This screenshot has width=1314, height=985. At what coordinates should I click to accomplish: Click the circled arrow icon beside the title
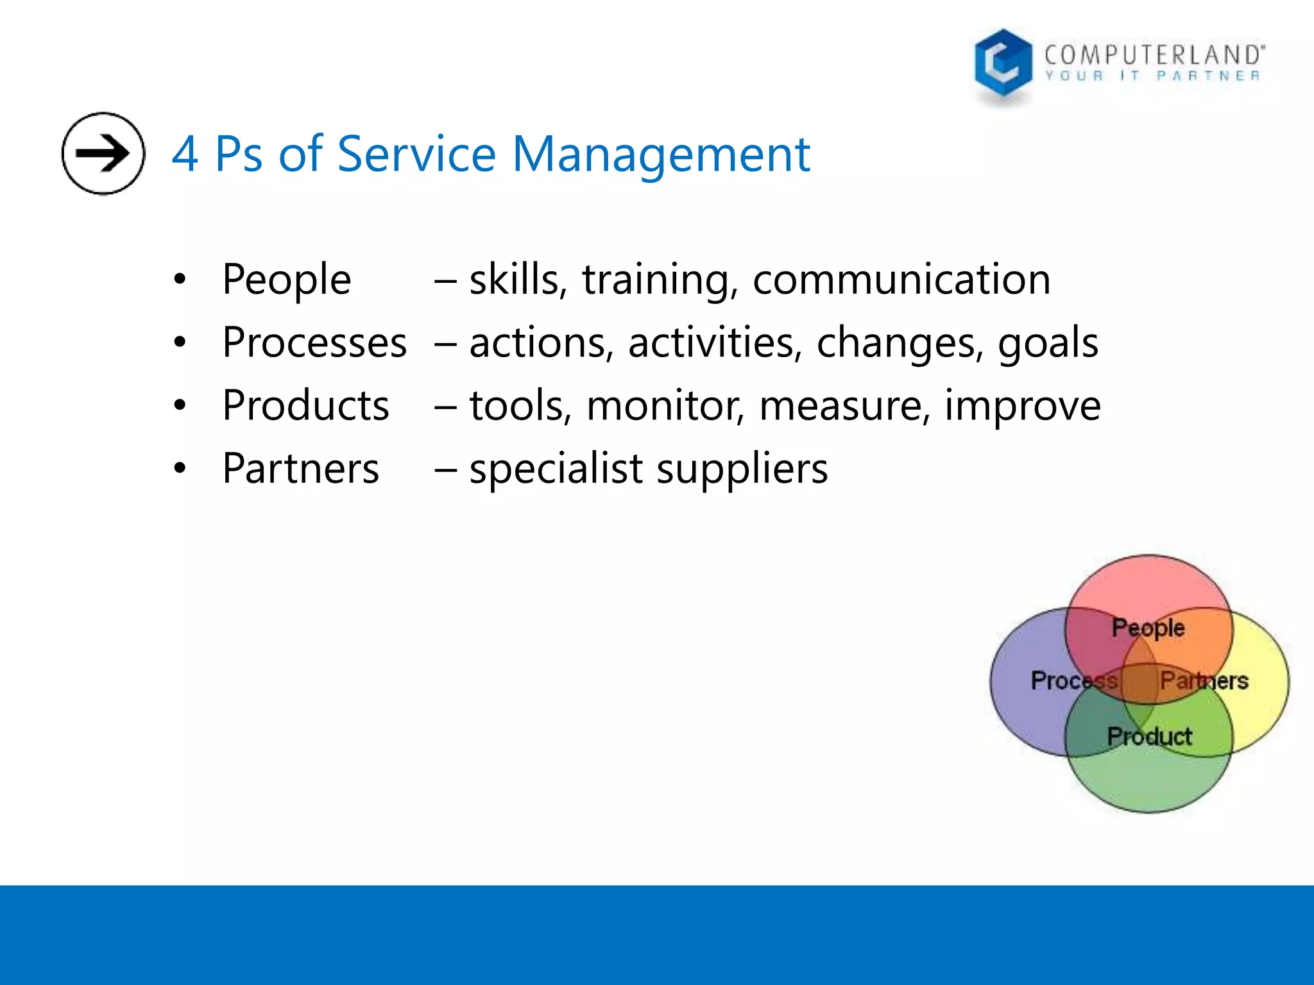point(103,153)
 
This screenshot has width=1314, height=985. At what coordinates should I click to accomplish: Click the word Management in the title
point(661,155)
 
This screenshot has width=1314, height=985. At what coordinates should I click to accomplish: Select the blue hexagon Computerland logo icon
point(1003,65)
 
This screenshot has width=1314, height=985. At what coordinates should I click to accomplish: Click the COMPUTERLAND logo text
point(1154,55)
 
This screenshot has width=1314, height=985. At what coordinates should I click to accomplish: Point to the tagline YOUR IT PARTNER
point(1152,76)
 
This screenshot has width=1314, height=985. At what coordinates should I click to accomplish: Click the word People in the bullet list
point(286,280)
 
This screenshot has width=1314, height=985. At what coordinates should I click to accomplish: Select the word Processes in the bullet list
point(314,342)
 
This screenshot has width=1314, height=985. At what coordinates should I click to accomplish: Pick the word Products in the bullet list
point(305,405)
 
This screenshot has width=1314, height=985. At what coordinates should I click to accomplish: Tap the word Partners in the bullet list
point(300,468)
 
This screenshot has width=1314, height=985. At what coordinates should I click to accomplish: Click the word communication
point(901,280)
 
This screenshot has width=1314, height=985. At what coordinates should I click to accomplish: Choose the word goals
point(1047,344)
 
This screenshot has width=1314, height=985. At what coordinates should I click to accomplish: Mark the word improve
point(1022,407)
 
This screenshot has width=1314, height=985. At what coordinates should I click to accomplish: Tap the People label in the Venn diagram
point(1148,628)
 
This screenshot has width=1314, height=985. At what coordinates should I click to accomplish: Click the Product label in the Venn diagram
point(1149,736)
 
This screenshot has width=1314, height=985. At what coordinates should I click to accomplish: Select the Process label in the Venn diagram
point(1073,680)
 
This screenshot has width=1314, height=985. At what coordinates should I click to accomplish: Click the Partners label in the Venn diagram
point(1204,680)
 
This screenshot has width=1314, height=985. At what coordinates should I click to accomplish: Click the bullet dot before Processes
point(180,342)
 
